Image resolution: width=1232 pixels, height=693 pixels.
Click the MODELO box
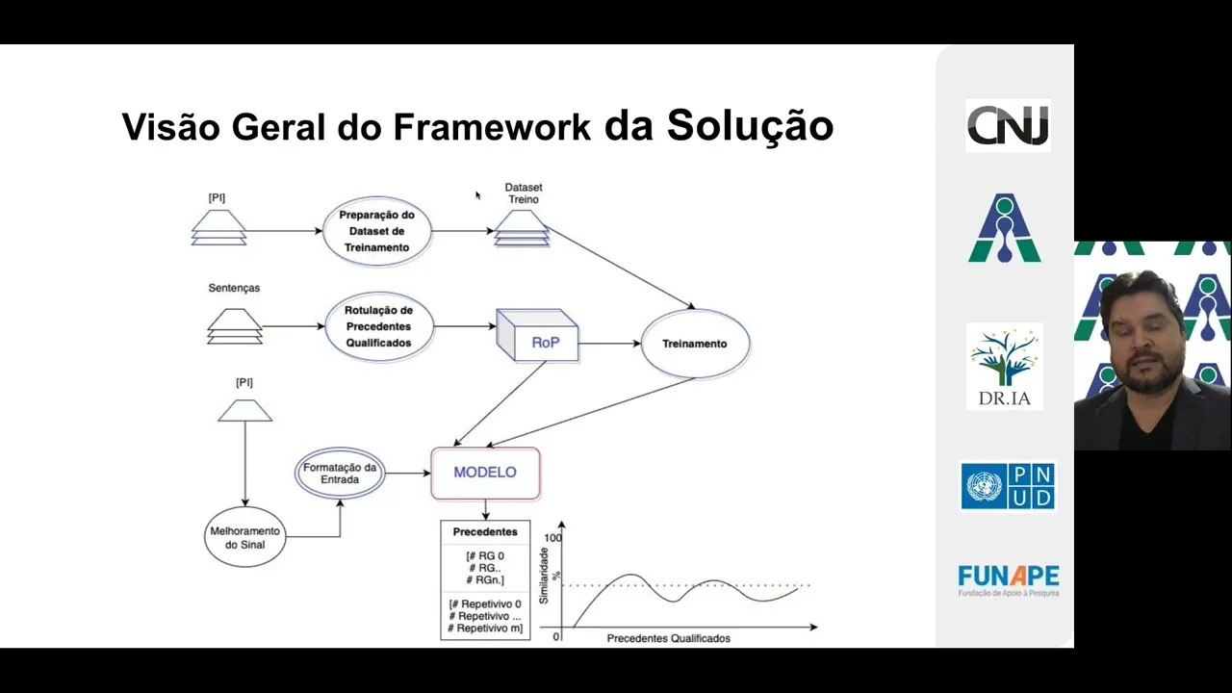(485, 473)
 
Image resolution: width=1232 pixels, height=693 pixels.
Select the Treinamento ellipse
(695, 344)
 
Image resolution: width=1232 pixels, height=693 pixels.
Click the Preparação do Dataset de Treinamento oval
(376, 231)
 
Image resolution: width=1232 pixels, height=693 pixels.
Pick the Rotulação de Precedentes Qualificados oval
(378, 326)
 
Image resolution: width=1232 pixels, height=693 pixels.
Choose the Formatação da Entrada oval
(339, 473)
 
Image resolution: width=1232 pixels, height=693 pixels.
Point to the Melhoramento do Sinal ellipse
(244, 537)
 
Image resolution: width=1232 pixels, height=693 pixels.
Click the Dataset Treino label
(524, 193)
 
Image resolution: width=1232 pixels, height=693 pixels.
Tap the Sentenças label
(234, 288)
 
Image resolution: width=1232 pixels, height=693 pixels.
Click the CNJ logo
(1008, 125)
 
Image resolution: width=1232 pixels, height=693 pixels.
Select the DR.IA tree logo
(1005, 366)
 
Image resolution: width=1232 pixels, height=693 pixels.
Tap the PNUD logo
(1008, 486)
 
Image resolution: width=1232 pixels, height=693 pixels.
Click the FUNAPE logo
(1008, 579)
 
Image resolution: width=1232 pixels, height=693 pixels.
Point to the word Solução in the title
(750, 125)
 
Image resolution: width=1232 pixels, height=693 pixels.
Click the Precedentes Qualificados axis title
(668, 638)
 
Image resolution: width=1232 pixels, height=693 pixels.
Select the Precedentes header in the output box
(485, 531)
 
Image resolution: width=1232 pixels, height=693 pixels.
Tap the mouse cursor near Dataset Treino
(477, 195)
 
